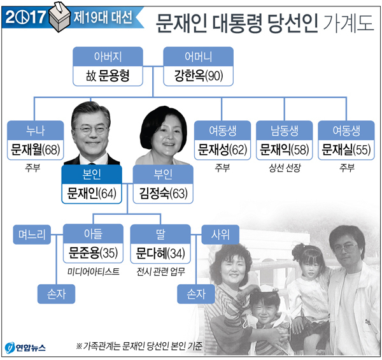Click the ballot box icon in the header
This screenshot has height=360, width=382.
[60, 17]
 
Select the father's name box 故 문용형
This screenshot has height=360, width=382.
[108, 76]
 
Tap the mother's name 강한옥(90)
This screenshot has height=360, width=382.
[198, 76]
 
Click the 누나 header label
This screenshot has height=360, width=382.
[36, 131]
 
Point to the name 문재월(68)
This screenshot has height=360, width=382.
[36, 150]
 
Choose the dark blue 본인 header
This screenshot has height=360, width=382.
[92, 175]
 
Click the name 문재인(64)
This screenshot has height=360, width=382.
[92, 194]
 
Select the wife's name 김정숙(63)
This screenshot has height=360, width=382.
[163, 194]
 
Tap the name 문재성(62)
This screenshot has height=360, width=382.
[222, 150]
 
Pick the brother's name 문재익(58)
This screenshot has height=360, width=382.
[285, 150]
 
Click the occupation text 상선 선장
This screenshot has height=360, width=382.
[285, 168]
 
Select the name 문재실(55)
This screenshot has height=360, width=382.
[346, 150]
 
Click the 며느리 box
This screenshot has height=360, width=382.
[32, 234]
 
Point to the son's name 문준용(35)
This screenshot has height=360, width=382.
[94, 253]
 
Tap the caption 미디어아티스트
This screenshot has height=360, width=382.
[94, 271]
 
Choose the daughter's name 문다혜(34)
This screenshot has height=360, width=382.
[160, 253]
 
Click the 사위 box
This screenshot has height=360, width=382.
[220, 234]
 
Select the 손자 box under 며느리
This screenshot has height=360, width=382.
[56, 294]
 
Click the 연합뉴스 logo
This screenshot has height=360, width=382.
[25, 347]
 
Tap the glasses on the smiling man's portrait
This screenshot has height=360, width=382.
[91, 129]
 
